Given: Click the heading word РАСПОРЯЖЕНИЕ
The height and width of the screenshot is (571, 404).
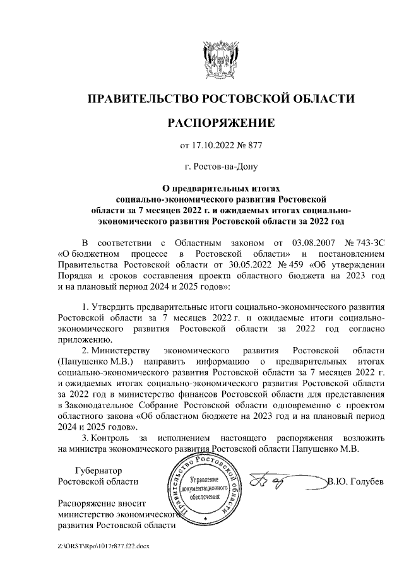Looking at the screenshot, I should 220,122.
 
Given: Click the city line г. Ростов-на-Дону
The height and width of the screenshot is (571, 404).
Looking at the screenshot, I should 220,167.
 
